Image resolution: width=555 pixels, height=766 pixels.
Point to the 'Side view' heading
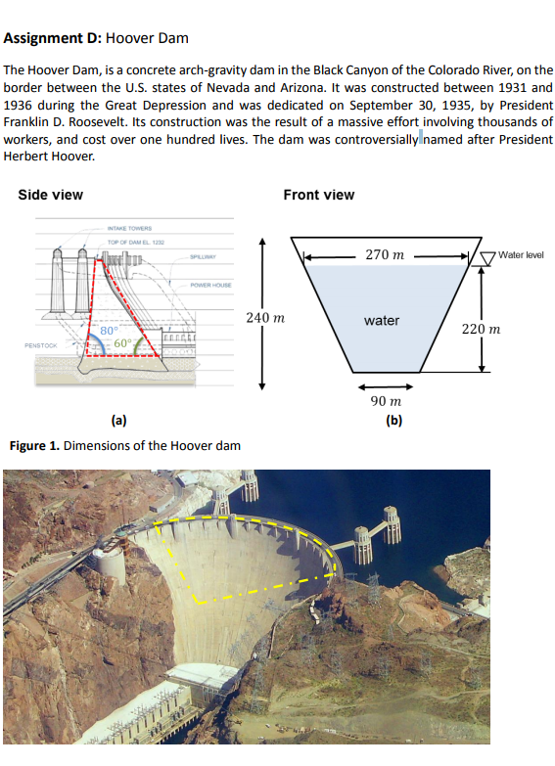point(51,195)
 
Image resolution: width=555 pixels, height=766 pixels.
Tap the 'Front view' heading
point(318,195)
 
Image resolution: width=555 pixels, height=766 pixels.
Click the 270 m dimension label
point(385,254)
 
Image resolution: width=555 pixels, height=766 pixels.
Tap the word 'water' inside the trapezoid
point(381,320)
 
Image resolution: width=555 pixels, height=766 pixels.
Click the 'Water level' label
point(520,255)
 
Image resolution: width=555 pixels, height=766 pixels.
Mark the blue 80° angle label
point(108,330)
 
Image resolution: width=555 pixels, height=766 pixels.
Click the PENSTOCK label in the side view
point(38,345)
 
